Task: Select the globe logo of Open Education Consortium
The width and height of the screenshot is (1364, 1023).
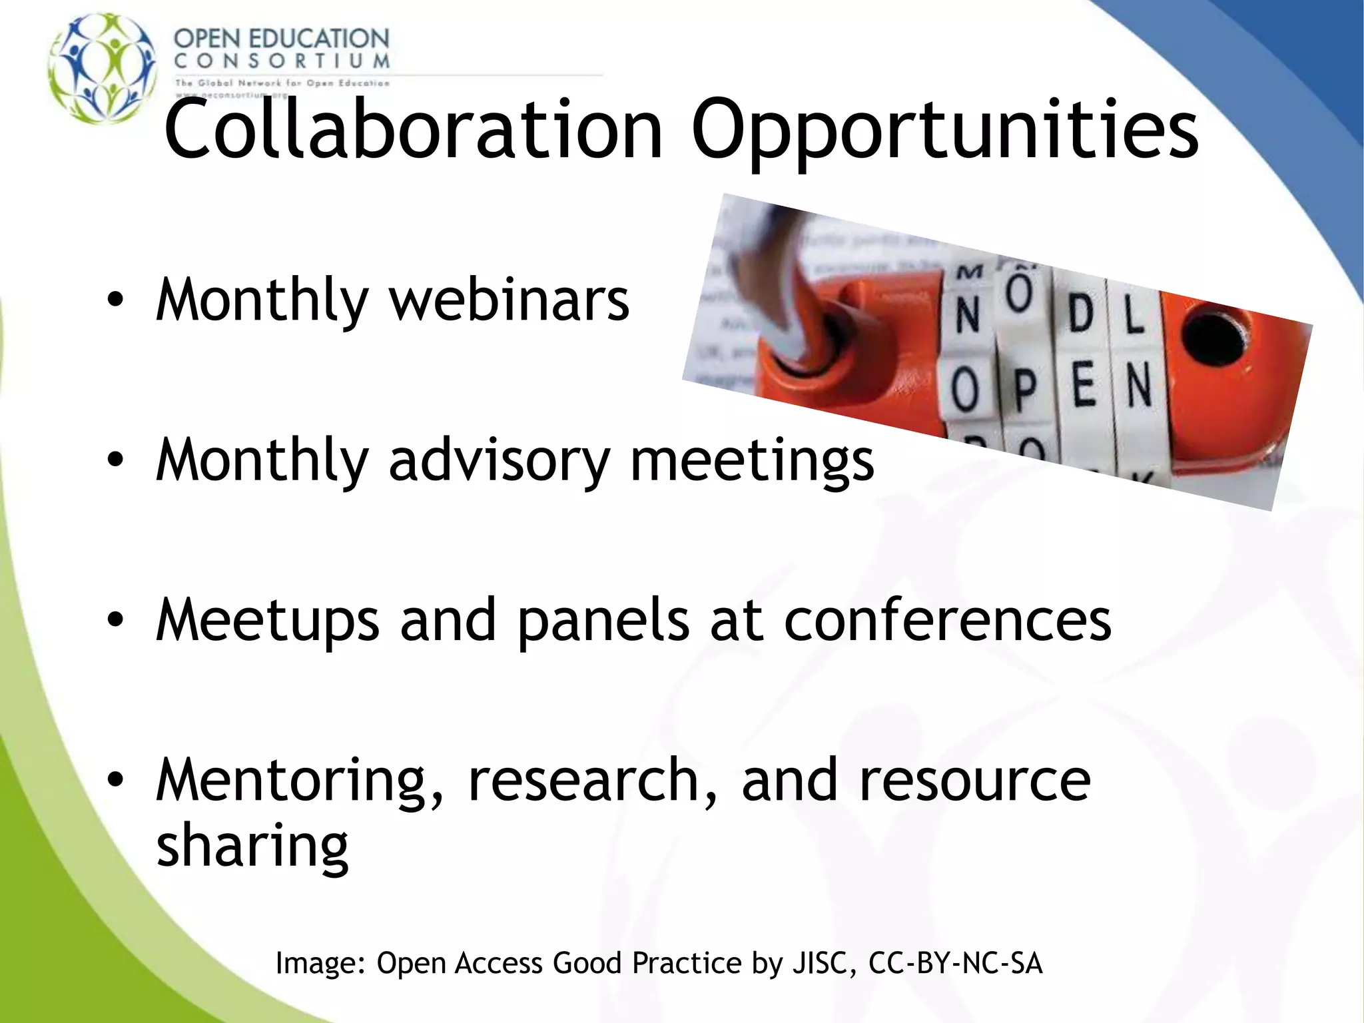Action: click(103, 68)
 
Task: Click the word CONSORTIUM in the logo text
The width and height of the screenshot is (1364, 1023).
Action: click(281, 61)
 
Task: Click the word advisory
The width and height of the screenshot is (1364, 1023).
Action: click(499, 461)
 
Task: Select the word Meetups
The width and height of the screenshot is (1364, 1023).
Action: click(267, 621)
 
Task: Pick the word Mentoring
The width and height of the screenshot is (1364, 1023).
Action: click(290, 781)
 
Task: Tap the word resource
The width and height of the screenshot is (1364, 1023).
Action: click(975, 781)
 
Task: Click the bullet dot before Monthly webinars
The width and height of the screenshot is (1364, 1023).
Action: click(115, 301)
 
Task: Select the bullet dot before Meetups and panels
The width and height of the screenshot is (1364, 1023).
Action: click(115, 621)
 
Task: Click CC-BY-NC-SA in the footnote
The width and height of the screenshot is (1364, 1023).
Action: click(955, 963)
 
